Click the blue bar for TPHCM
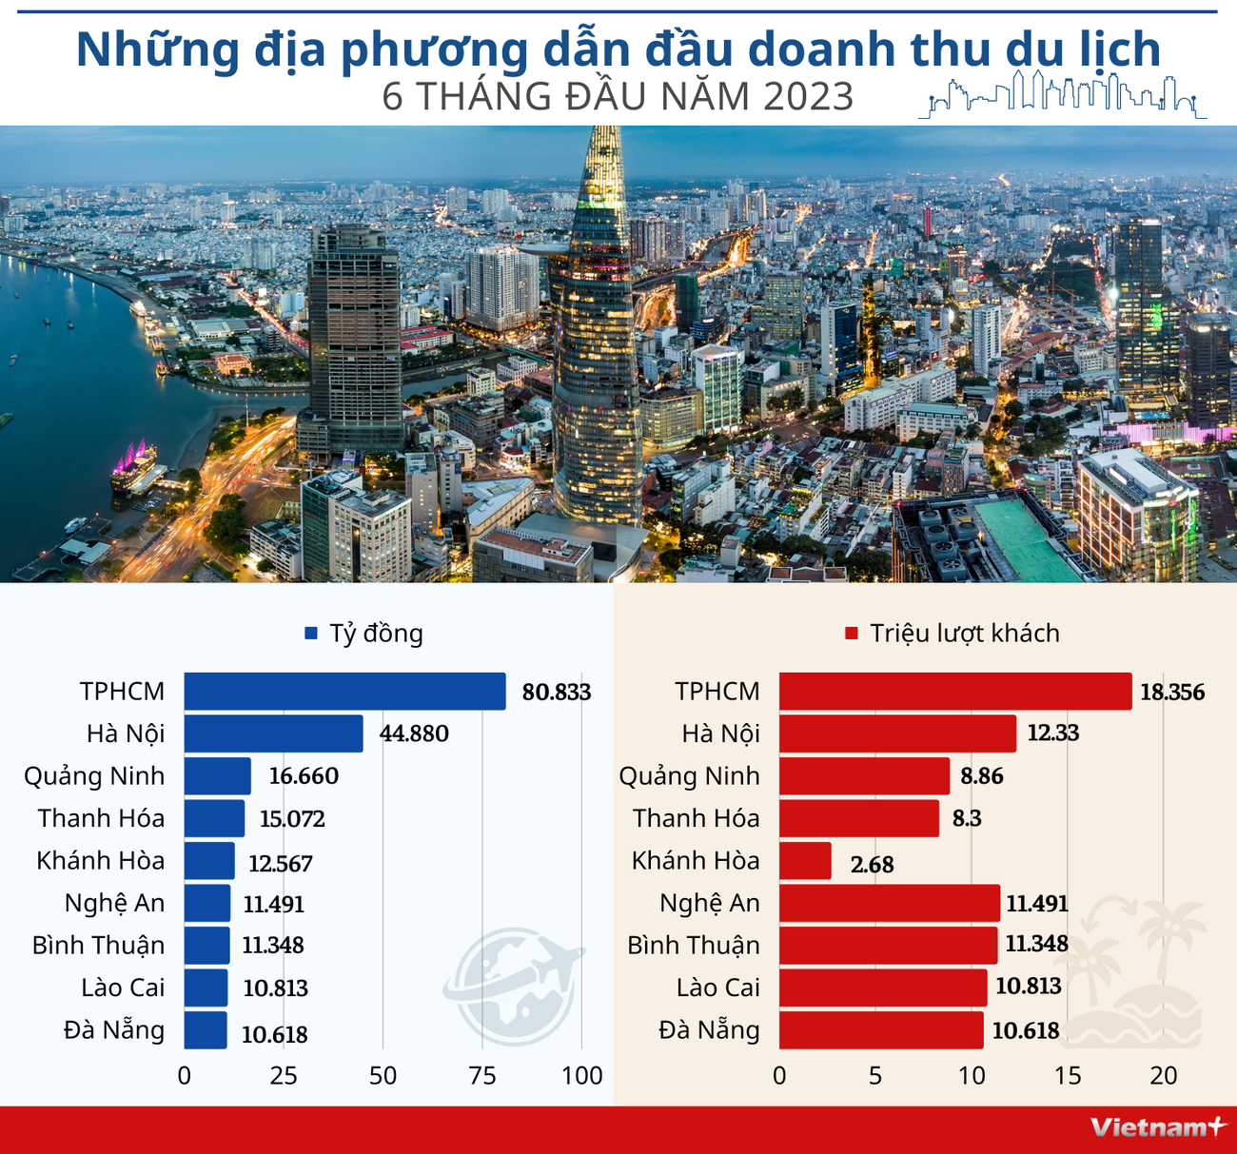344,691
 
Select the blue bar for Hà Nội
273,733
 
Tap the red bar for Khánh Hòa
805,861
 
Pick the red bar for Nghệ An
889,903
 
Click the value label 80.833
557,692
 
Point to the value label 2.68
872,865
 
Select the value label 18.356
1172,692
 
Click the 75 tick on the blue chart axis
482,1076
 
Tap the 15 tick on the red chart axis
1068,1076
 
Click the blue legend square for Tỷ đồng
310,634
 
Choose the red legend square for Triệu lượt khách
852,634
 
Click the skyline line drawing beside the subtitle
1062,94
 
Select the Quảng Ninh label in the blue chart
94,776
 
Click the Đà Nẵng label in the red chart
709,1030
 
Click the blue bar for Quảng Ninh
217,776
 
